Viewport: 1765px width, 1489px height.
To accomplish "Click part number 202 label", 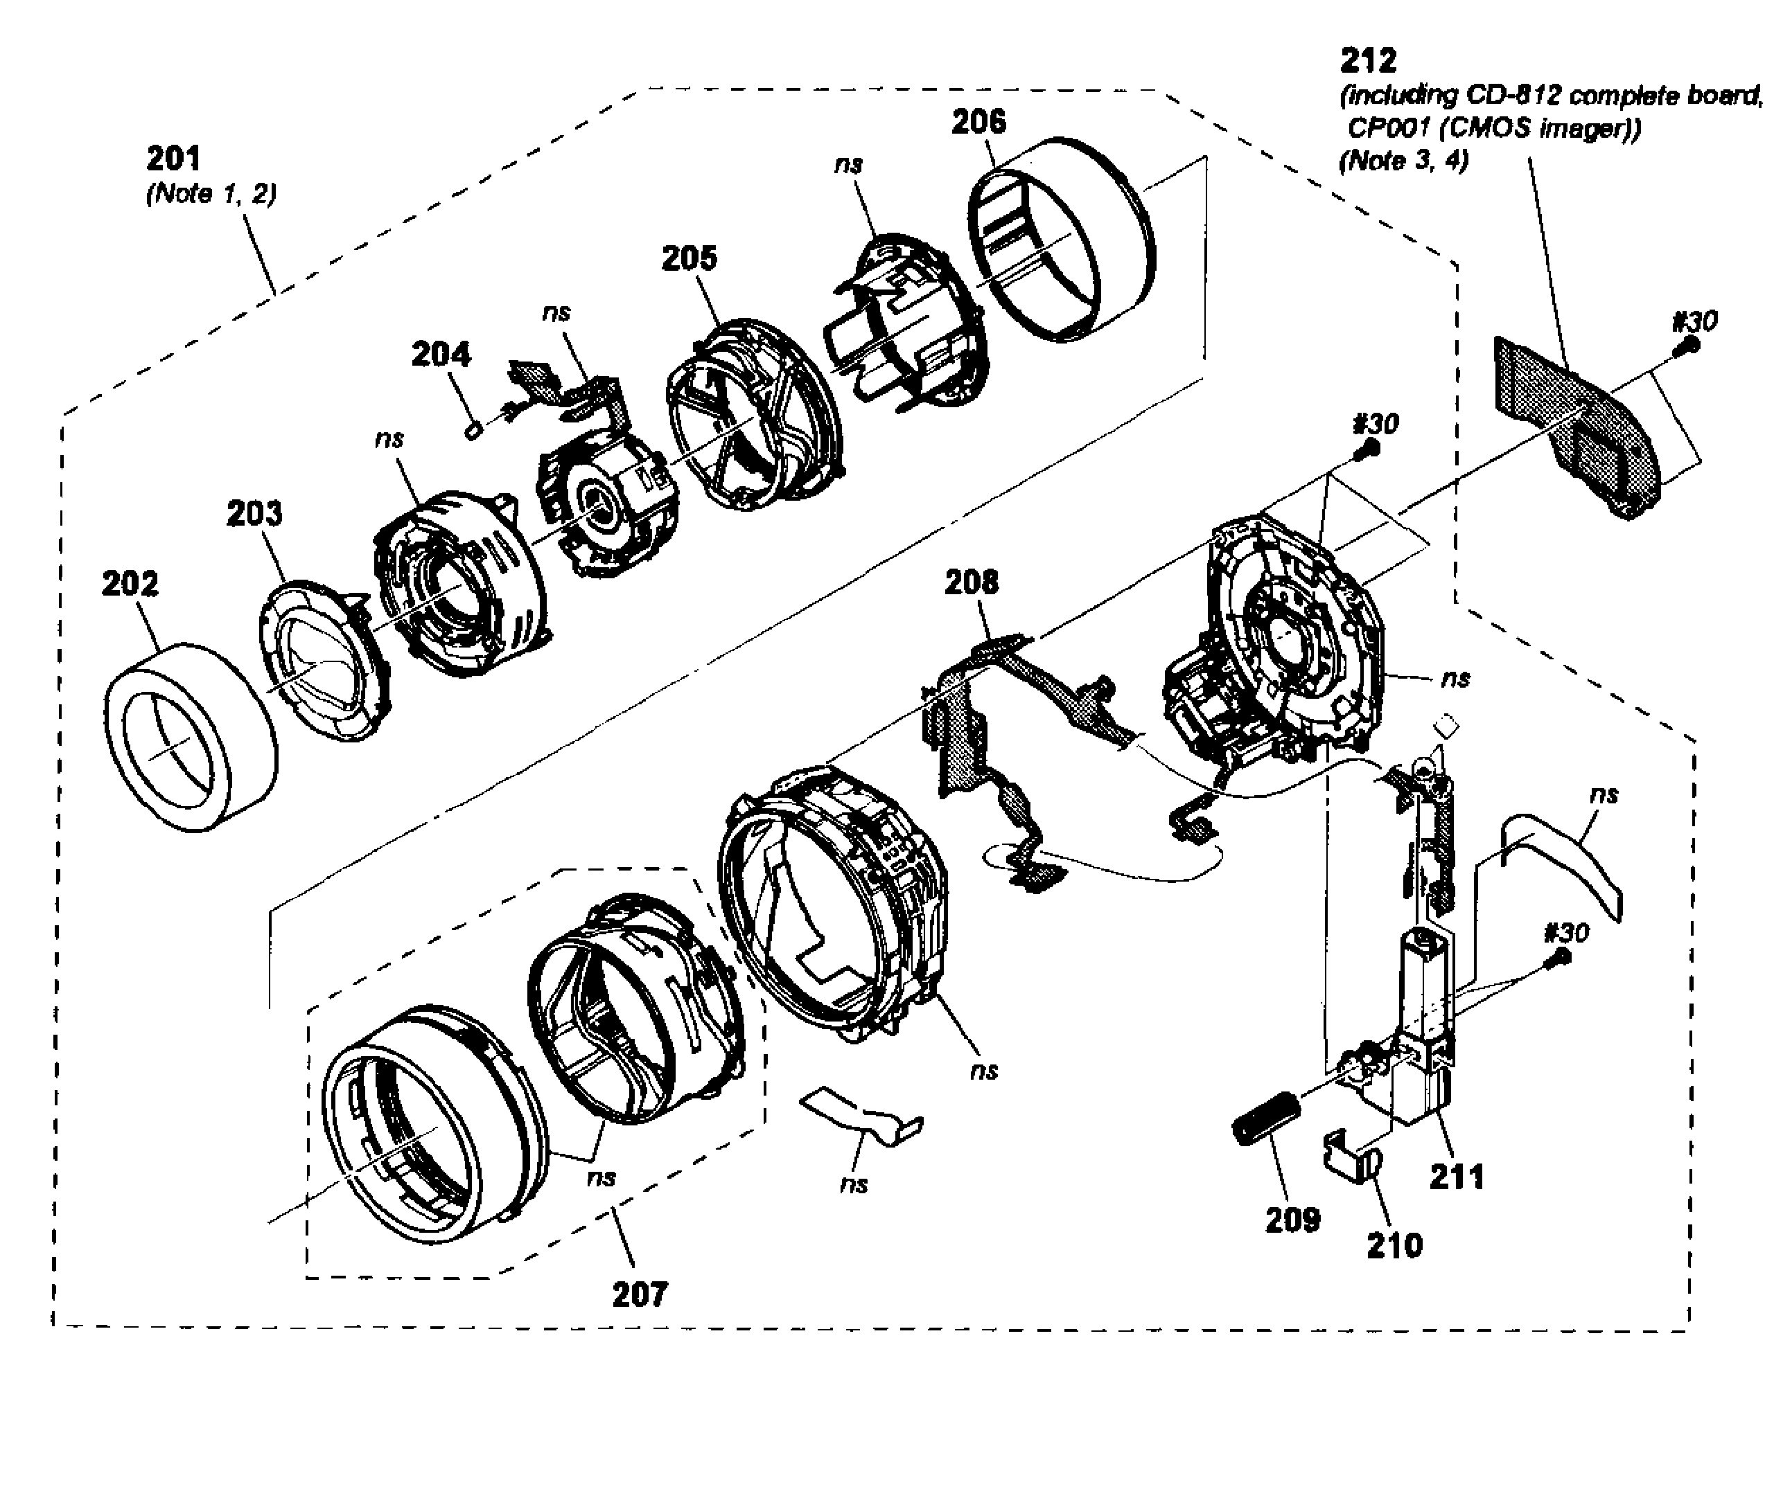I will point(130,583).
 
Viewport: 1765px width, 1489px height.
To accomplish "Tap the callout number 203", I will point(254,513).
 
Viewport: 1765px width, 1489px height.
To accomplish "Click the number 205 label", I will point(688,258).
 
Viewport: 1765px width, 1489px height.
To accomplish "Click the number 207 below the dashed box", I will point(640,1294).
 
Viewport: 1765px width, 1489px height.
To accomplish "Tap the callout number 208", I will point(971,582).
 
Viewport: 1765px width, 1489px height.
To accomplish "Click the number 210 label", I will point(1394,1246).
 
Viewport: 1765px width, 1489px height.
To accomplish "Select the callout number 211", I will point(1456,1177).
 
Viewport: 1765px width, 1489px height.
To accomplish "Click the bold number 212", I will point(1368,61).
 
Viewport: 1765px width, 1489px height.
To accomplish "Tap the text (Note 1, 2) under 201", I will point(211,194).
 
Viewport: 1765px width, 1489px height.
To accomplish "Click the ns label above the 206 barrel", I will point(848,166).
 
